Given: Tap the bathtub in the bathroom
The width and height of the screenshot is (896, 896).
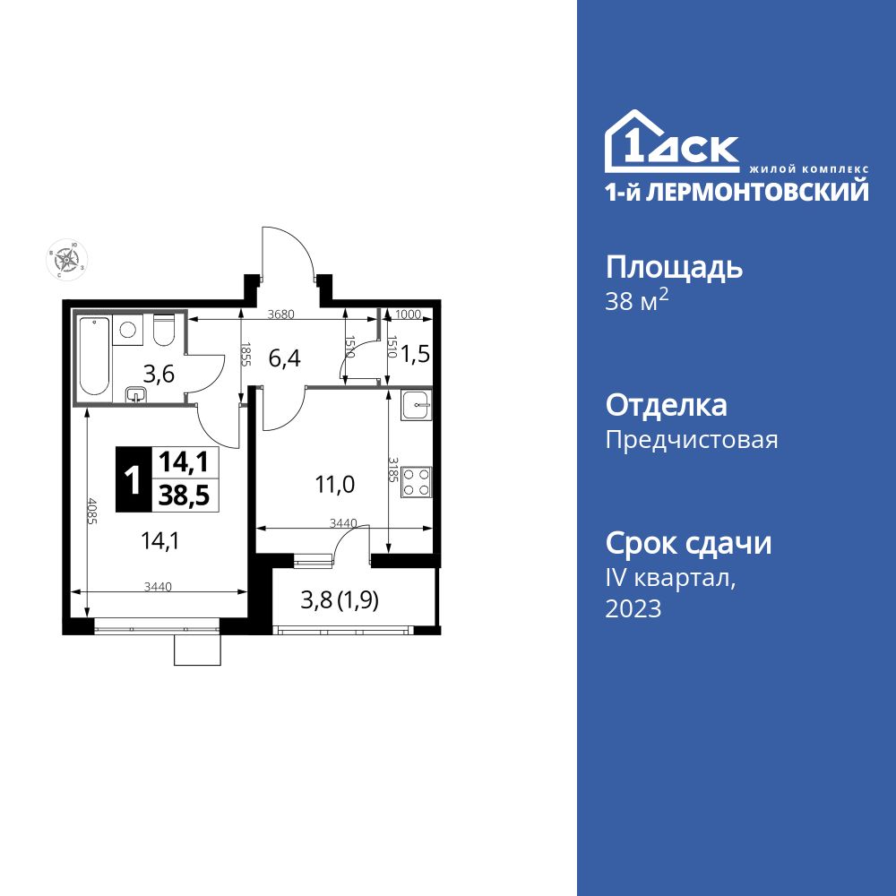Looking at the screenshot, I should [93, 356].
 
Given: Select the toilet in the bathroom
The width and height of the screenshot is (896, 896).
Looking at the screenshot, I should [163, 332].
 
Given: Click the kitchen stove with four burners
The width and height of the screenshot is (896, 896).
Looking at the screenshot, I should [416, 481].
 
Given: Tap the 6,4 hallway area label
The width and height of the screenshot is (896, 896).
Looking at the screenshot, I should [284, 358].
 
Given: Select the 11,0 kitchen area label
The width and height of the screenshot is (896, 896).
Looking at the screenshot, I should [334, 485].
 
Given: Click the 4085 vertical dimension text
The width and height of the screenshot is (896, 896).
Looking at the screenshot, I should [91, 516].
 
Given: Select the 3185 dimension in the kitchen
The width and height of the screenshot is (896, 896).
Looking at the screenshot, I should [392, 470].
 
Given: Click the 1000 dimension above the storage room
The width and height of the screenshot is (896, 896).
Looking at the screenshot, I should [409, 314].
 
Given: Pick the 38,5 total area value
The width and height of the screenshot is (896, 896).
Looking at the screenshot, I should [184, 495].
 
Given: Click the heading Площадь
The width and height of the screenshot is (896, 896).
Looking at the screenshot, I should [674, 267].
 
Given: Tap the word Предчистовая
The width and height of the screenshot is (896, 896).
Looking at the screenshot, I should [692, 440].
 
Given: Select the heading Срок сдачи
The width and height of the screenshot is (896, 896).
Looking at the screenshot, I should [688, 543].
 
